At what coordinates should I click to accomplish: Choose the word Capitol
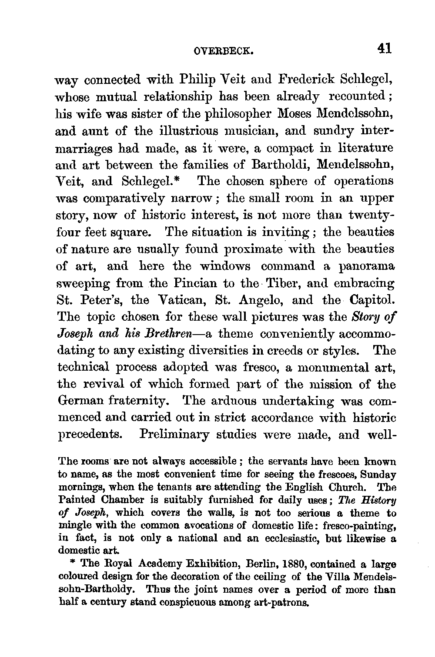point(373,300)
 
